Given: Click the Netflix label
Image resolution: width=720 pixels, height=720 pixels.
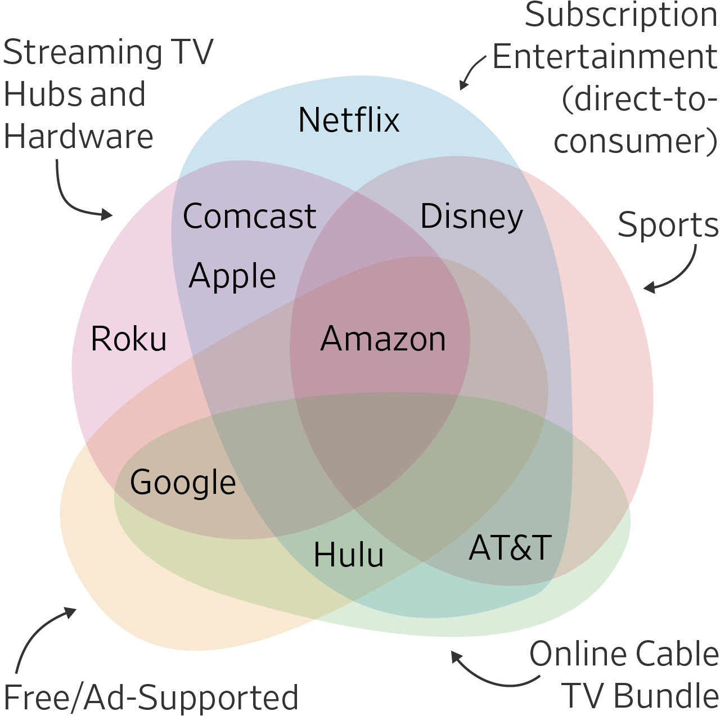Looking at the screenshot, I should click(x=349, y=120).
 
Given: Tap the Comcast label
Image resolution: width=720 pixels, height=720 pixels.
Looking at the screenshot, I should click(x=249, y=217).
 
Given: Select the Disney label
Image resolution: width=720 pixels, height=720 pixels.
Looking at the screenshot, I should click(x=471, y=217).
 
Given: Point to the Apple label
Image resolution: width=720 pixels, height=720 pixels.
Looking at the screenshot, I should click(x=232, y=277).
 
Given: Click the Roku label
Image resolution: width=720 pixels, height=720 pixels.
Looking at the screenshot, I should click(x=129, y=339).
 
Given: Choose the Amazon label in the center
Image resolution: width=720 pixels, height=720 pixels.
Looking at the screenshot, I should click(x=383, y=339).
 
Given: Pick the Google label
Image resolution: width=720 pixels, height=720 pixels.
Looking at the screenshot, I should click(x=183, y=483).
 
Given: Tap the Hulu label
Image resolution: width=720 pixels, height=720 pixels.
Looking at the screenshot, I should click(x=349, y=555).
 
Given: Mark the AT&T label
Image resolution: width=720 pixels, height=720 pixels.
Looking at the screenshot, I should click(x=510, y=548).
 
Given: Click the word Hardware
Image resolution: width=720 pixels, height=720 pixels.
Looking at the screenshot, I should click(x=78, y=137).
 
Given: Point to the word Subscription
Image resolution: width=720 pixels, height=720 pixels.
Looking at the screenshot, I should click(x=621, y=16).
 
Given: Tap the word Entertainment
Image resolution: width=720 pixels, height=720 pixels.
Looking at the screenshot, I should click(x=605, y=57).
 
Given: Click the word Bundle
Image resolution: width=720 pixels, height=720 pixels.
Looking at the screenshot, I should click(x=666, y=696).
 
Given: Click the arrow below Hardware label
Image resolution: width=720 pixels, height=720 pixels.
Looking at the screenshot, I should click(x=76, y=197).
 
